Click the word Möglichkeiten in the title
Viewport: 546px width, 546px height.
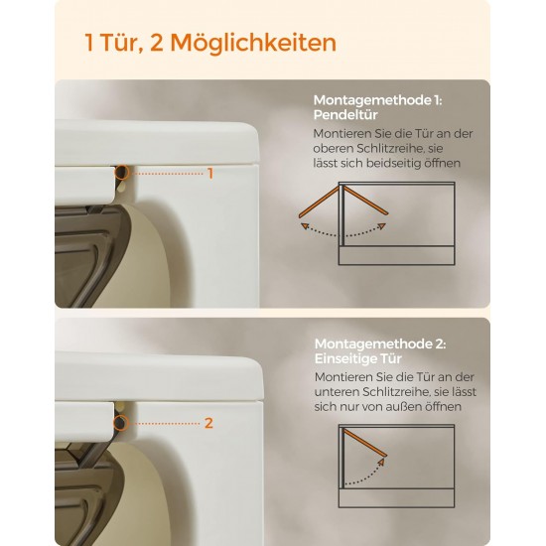253,43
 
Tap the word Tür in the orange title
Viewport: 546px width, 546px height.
121,43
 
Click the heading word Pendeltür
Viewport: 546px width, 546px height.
345,115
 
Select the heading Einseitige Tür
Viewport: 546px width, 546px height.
358,358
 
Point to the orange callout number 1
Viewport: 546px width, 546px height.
210,174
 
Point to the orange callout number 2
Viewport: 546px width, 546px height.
208,423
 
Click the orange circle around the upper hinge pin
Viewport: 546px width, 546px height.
121,173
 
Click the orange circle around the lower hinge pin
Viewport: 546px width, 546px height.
120,423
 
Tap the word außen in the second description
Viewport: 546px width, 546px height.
416,406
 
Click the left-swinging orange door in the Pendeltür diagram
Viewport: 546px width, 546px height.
319,203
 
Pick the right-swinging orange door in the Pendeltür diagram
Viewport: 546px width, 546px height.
366,201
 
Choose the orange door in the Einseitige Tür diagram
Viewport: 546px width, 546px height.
365,443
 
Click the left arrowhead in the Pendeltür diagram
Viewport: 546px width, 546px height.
305,226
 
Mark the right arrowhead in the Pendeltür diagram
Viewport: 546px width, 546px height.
382,226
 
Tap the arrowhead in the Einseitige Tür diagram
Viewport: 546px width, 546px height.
381,462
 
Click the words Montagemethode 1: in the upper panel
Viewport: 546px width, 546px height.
377,100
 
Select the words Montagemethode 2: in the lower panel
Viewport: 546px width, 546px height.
380,344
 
